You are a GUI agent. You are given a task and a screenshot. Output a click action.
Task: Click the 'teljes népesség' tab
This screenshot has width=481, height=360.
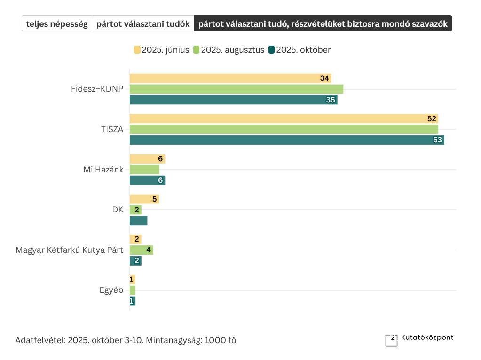57,23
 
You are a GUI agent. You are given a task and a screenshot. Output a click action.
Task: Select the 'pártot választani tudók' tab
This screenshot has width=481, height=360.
143,23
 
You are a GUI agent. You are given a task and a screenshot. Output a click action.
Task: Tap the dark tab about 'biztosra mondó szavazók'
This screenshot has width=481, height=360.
323,23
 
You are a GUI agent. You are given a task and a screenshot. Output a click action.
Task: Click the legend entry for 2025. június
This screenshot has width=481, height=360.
162,50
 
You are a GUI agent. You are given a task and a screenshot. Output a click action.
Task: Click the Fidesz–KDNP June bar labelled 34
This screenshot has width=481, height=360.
230,78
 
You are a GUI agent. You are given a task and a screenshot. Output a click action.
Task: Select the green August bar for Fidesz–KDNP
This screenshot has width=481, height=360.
237,89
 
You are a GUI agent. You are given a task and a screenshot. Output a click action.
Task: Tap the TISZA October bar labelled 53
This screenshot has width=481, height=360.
287,140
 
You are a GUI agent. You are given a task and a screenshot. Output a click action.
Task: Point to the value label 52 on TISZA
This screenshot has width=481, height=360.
432,119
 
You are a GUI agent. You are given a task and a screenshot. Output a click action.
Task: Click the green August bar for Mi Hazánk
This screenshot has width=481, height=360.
144,170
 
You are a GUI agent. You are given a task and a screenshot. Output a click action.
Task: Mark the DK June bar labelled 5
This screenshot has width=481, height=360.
144,199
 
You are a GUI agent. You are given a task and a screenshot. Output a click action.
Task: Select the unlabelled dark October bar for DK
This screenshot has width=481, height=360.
139,220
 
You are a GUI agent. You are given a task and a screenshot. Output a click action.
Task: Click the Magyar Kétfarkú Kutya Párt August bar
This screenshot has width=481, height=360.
142,250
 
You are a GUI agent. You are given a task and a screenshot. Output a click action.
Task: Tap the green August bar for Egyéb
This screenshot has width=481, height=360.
133,290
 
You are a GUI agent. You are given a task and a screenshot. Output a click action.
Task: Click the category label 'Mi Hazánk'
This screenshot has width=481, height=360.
103,170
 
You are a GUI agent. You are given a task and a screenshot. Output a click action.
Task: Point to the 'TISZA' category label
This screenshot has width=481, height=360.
112,130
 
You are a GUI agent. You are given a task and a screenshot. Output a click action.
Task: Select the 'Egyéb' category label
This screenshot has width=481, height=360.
111,290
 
